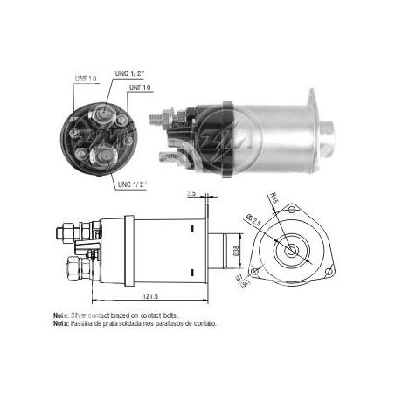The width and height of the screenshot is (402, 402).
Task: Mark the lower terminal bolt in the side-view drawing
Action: point(65,264)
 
